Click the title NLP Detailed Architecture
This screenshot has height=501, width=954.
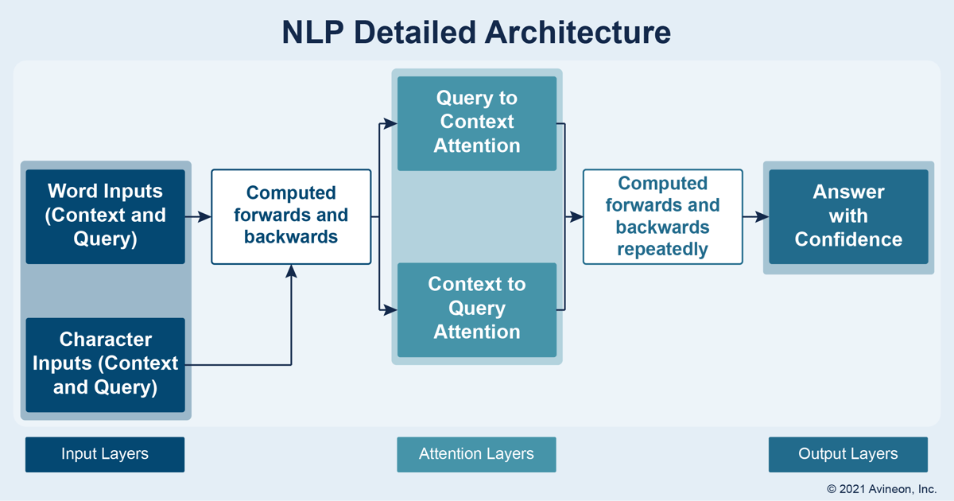point(476,33)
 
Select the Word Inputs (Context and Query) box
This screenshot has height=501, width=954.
point(105,216)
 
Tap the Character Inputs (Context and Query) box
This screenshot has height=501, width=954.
point(105,365)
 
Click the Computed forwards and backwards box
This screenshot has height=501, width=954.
point(291,216)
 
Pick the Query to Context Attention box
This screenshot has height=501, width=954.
point(477,123)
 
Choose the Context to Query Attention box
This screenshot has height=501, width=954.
point(477,309)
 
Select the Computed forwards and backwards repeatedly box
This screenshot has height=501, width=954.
point(663,216)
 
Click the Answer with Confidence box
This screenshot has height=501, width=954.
point(848,216)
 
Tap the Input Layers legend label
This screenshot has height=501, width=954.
point(105,454)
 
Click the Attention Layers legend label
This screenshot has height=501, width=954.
point(476,454)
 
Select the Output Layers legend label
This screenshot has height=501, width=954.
point(848,454)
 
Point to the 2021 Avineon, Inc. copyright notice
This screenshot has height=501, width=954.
point(882,489)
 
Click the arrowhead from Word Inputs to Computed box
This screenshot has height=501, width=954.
point(205,216)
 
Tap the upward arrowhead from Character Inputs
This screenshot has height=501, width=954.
point(291,271)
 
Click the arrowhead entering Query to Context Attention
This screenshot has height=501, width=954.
point(390,123)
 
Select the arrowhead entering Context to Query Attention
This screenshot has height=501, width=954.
point(390,309)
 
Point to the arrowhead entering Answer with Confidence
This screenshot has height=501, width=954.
point(762,216)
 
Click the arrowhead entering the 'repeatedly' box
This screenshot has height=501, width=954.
point(576,216)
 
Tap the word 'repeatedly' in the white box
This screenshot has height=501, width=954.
point(663,250)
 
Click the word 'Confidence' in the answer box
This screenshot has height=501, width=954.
point(848,239)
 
